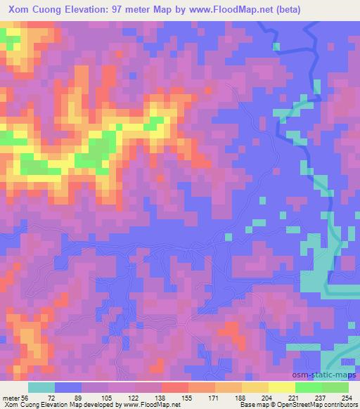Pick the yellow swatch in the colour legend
(281, 387)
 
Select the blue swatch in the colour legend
(67, 387)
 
